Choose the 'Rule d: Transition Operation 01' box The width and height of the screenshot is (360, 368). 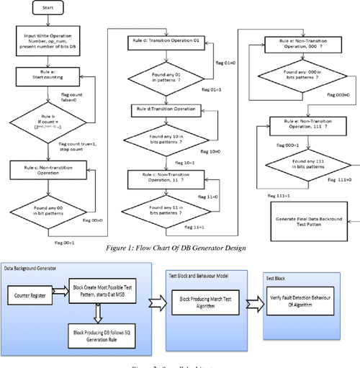pyautogui.click(x=171, y=43)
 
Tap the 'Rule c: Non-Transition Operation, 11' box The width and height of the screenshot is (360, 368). pyautogui.click(x=171, y=177)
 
